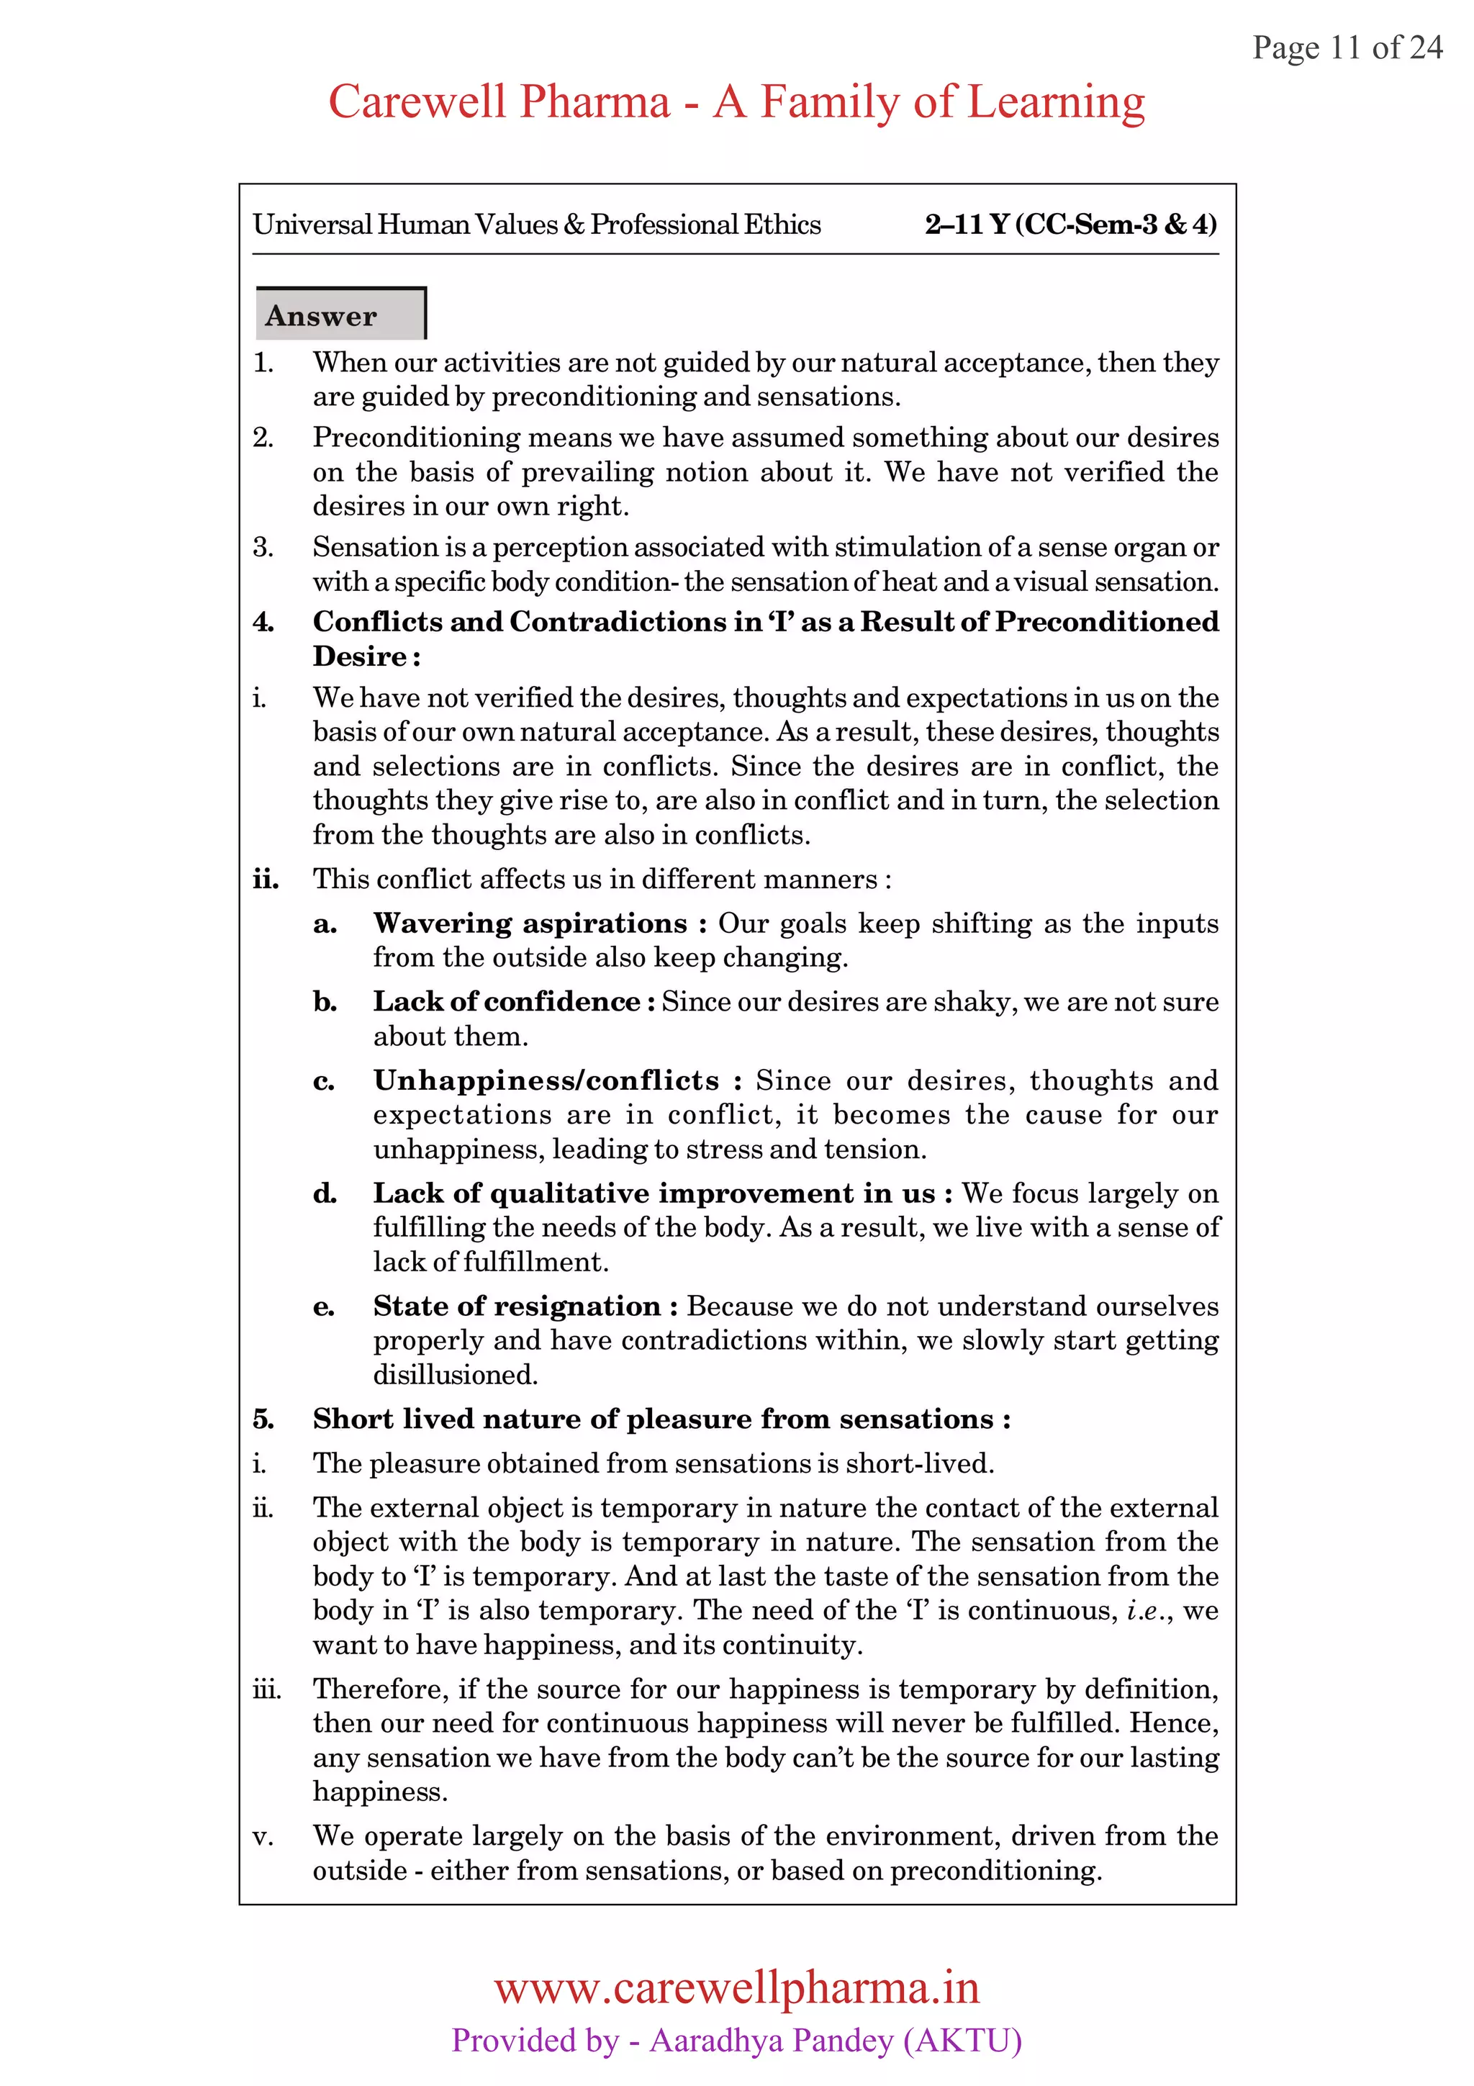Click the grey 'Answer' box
[x=340, y=315]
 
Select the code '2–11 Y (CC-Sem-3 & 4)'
[x=1071, y=225]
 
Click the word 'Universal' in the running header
[x=312, y=225]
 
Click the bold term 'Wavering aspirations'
[x=530, y=923]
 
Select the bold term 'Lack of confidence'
[x=507, y=1001]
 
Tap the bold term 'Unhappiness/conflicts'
[x=546, y=1080]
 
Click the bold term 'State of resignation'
[x=516, y=1306]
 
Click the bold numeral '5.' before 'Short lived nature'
[x=263, y=1419]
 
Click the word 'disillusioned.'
[x=455, y=1375]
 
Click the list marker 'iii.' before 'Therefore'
[x=266, y=1689]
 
